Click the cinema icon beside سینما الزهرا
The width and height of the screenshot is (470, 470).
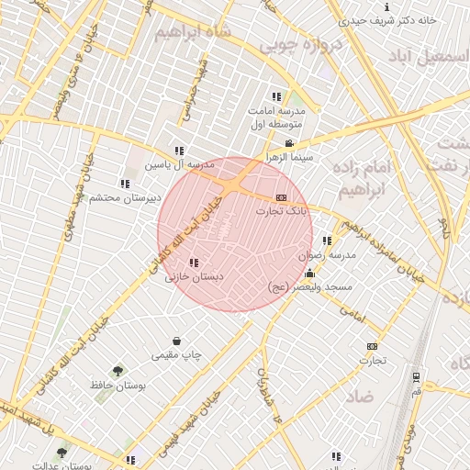tap(290, 143)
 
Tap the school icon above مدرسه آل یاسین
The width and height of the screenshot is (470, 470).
tap(180, 151)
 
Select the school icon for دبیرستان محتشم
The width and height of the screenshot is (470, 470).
tap(125, 184)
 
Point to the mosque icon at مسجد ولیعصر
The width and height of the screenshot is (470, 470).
tap(309, 274)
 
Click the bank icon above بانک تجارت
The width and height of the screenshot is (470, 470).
tap(281, 197)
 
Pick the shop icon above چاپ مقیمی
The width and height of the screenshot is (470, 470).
tap(175, 341)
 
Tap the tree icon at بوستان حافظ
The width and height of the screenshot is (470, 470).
tap(117, 371)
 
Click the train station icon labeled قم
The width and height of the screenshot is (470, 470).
tap(416, 376)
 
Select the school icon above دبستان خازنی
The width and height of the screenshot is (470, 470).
tap(193, 263)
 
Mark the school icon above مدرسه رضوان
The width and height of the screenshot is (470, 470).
tap(327, 241)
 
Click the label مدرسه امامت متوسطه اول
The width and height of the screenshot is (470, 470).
tap(282, 117)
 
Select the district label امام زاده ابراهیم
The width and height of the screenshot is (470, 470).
tap(366, 178)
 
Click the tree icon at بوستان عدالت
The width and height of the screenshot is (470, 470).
tap(62, 453)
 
